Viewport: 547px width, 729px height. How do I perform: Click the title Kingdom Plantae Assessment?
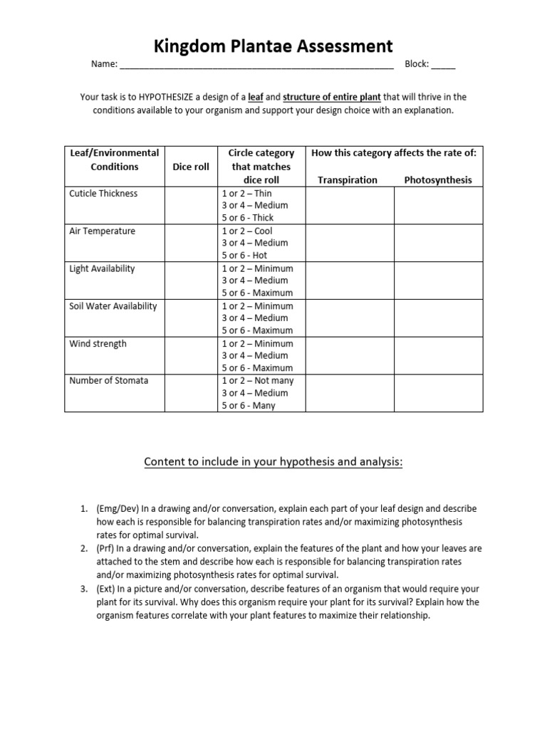pyautogui.click(x=273, y=46)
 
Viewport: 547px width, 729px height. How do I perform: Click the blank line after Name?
pyautogui.click(x=256, y=65)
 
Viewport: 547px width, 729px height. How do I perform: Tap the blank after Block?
pyautogui.click(x=443, y=65)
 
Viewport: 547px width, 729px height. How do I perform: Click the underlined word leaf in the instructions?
pyautogui.click(x=255, y=97)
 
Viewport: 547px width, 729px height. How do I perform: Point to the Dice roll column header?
pyautogui.click(x=191, y=167)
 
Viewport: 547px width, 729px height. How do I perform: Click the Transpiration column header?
pyautogui.click(x=348, y=180)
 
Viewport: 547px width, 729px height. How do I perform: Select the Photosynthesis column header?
pyautogui.click(x=438, y=180)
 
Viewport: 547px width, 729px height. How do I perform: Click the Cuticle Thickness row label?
pyautogui.click(x=103, y=194)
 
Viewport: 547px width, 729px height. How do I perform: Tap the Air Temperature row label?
pyautogui.click(x=102, y=231)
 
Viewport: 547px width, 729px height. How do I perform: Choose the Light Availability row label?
pyautogui.click(x=102, y=269)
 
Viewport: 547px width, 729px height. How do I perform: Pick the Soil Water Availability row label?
pyautogui.click(x=113, y=307)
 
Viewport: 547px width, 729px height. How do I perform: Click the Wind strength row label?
pyautogui.click(x=98, y=344)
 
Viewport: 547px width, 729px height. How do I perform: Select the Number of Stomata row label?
pyautogui.click(x=109, y=381)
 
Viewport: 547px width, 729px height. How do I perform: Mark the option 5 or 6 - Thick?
pyautogui.click(x=247, y=218)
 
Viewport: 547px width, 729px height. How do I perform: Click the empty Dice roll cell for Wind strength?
pyautogui.click(x=191, y=356)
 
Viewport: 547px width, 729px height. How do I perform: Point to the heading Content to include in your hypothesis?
pyautogui.click(x=273, y=463)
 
